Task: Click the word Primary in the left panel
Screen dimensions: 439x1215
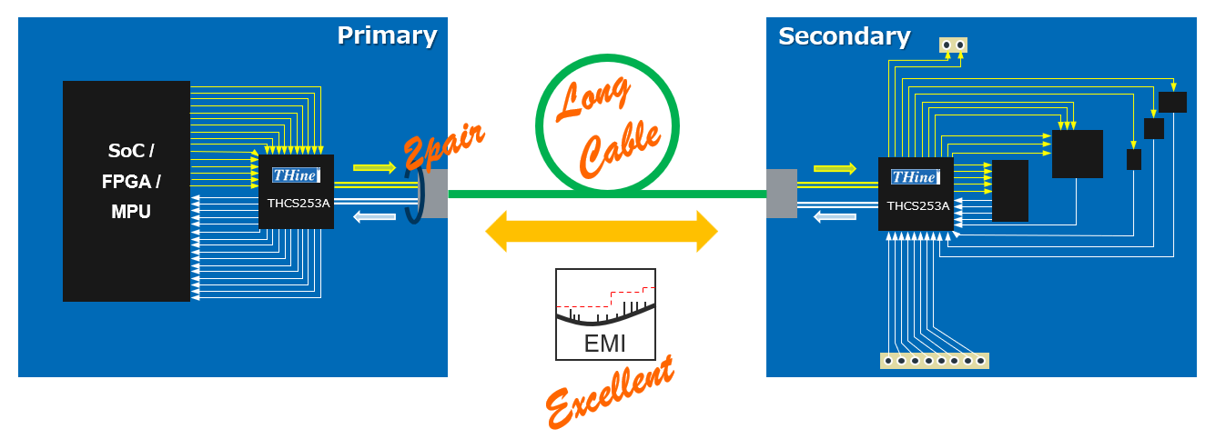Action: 387,35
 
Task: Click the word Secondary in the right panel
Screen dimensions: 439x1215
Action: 844,36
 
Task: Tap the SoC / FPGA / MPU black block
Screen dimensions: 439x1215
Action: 127,191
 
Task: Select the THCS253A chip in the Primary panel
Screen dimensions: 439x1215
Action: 297,192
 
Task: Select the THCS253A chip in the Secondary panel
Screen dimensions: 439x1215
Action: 916,194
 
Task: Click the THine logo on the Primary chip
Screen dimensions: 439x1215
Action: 296,175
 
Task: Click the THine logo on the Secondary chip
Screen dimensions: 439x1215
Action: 916,177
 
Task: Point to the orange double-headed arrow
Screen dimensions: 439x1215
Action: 602,232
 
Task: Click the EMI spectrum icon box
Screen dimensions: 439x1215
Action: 605,314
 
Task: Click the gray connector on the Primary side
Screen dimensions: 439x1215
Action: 435,193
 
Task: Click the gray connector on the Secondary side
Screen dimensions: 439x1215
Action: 781,194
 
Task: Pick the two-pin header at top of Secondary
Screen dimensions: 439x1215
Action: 953,45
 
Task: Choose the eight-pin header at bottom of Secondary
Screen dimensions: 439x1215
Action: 935,361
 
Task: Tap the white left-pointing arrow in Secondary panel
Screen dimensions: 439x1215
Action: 835,216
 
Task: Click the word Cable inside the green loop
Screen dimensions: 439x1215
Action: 621,145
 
